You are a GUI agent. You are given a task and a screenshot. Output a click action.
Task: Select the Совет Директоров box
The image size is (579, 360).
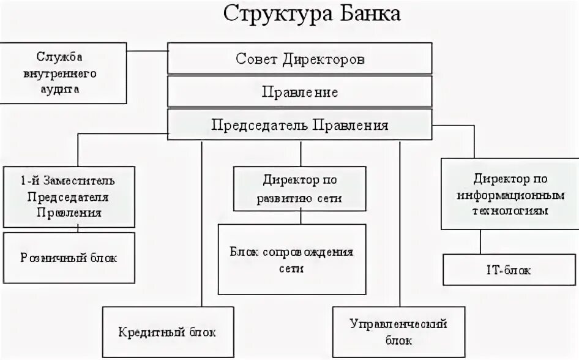(300, 59)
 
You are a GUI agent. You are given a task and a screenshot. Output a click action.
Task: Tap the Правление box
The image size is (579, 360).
(300, 92)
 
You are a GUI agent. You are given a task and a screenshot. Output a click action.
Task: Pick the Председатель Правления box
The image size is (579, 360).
(300, 125)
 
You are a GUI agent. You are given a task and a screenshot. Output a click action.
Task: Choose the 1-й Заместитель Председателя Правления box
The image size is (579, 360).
(69, 197)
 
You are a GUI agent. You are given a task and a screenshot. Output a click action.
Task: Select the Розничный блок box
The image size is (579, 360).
(69, 257)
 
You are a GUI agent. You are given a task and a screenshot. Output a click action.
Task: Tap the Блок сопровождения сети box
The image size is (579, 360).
(292, 260)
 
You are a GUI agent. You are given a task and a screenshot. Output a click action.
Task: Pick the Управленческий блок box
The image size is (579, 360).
(398, 331)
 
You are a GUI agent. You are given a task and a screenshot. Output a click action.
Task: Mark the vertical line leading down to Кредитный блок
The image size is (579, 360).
(201, 227)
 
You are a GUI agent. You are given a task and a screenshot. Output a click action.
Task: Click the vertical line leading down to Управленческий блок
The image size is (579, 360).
(399, 227)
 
